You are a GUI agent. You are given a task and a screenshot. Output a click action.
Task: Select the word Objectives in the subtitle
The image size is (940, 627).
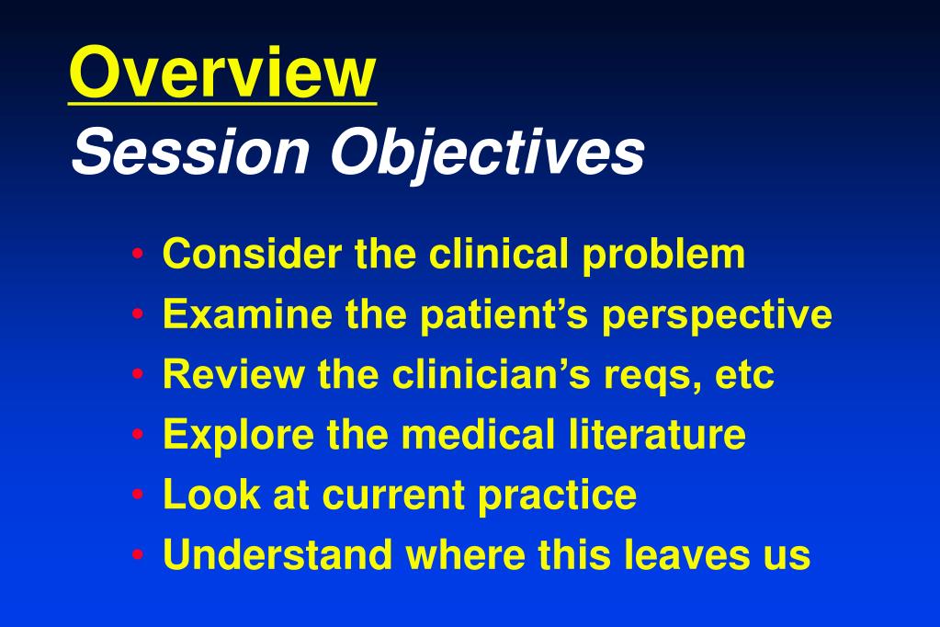coord(487,154)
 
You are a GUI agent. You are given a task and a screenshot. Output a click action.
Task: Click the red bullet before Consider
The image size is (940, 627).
coord(138,254)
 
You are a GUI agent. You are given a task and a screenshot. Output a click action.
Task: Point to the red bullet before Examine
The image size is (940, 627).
coord(138,313)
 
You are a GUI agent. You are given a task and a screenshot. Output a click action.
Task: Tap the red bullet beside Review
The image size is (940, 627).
coord(138,374)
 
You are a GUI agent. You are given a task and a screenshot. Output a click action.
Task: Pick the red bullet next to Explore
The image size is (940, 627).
coord(138,434)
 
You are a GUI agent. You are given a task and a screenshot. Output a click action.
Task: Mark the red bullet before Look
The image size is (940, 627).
coord(138,495)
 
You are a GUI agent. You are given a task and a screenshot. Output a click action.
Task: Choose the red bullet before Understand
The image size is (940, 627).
coord(138,554)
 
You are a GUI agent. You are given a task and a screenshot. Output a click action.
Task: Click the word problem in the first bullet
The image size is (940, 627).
coord(663,256)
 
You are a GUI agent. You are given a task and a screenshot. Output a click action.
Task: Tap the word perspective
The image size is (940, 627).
coord(717,316)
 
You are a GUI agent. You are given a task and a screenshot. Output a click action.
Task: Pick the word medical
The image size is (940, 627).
coord(478,434)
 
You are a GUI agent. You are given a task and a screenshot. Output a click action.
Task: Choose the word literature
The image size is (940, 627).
coord(657,434)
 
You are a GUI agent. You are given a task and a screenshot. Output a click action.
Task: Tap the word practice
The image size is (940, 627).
coord(558,496)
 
